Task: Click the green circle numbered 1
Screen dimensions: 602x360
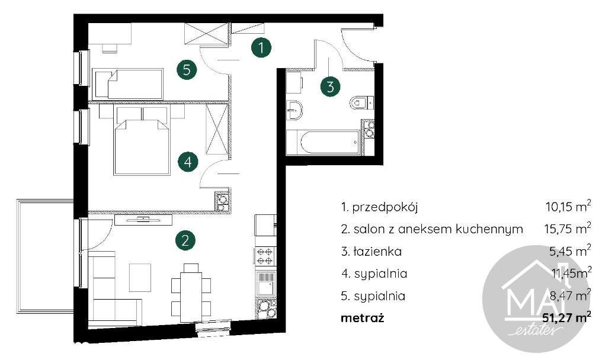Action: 261,48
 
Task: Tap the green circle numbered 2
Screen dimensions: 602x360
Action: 185,240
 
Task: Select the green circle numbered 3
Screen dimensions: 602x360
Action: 331,86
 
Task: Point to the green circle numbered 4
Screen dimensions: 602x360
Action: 188,162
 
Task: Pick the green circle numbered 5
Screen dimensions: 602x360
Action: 187,70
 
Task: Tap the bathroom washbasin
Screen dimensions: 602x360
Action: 295,111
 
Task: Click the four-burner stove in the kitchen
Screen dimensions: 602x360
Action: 265,256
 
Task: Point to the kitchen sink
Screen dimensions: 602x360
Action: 265,284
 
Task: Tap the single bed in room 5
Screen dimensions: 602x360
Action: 128,83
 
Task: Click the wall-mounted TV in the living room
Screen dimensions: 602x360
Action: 143,220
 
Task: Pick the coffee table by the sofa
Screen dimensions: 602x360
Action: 140,278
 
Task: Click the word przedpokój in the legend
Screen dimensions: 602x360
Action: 385,208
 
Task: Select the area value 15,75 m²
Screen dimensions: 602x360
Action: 568,229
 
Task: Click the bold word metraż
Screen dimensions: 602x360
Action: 363,318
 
